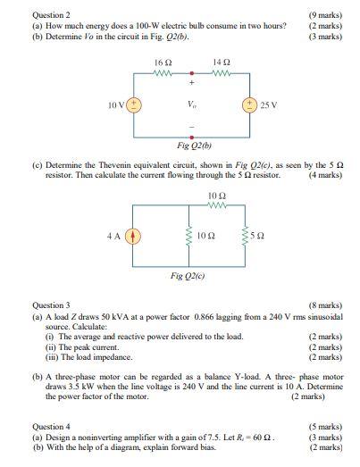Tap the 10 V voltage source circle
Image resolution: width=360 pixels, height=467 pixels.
click(x=136, y=104)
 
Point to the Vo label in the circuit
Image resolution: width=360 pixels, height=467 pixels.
click(x=192, y=104)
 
